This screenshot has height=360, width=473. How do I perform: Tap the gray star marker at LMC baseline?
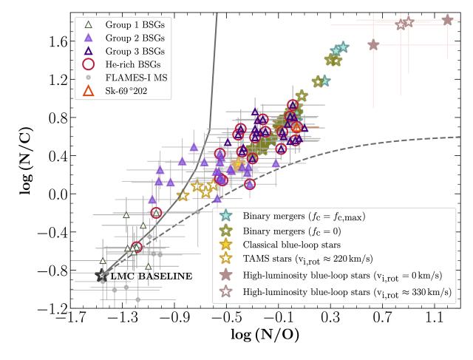102,275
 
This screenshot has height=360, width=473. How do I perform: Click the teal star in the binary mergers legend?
228,216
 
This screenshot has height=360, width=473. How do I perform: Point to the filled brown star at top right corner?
447,20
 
